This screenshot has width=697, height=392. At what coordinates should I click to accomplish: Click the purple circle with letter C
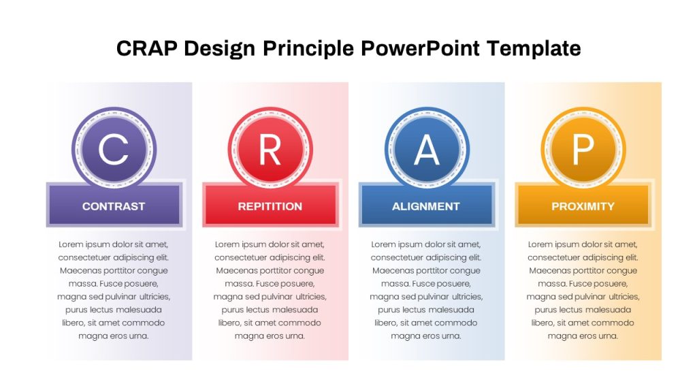pyautogui.click(x=114, y=149)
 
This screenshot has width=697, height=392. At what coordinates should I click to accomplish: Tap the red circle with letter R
pyautogui.click(x=270, y=149)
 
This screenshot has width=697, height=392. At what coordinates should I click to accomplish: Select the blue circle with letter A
pyautogui.click(x=427, y=149)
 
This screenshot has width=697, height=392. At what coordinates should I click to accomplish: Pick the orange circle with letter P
pyautogui.click(x=583, y=149)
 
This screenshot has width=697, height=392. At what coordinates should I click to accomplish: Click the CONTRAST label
pyautogui.click(x=114, y=206)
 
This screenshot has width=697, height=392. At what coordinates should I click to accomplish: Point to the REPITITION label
pyautogui.click(x=270, y=206)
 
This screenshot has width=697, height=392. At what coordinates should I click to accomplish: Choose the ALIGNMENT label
pyautogui.click(x=426, y=206)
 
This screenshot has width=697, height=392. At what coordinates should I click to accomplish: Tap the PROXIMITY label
pyautogui.click(x=583, y=206)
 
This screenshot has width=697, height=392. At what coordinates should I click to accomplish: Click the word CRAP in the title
pyautogui.click(x=147, y=48)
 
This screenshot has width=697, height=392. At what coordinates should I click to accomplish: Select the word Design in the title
pyautogui.click(x=220, y=49)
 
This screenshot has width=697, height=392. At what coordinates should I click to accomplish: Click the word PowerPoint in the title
pyautogui.click(x=421, y=48)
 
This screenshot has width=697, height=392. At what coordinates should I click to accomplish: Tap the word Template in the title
pyautogui.click(x=534, y=49)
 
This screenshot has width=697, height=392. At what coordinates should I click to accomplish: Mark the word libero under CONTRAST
pyautogui.click(x=73, y=323)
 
